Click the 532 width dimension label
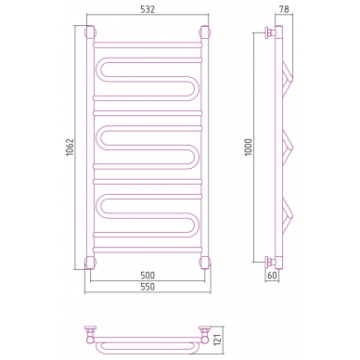coord(148,9)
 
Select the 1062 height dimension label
coord(71,148)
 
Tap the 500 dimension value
coord(148,276)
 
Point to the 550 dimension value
coord(148,287)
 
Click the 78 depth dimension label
coord(284,9)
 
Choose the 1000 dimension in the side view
coord(249,148)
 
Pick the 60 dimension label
coord(272,276)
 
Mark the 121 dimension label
coord(218,341)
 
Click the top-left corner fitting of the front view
coord(90,32)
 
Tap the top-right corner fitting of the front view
coord(205,32)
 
